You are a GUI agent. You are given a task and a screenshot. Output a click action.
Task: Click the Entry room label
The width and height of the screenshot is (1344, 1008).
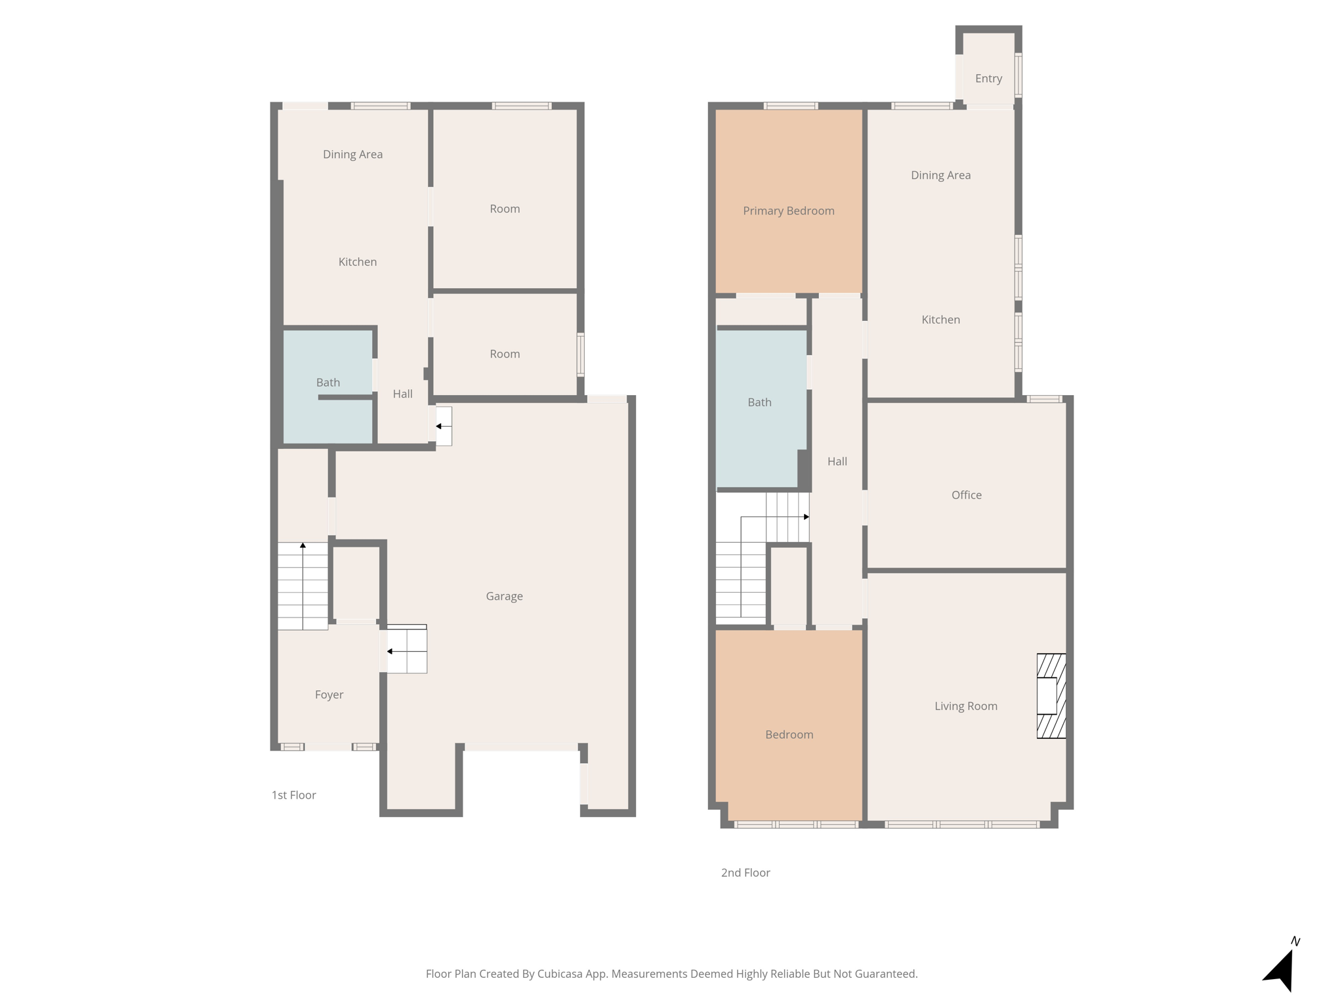point(988,79)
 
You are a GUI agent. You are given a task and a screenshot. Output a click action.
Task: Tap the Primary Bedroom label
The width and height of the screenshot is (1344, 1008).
point(788,211)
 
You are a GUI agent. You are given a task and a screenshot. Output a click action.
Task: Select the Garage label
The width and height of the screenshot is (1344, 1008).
point(504,596)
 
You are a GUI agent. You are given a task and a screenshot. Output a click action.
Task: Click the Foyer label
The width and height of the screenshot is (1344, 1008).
point(329,694)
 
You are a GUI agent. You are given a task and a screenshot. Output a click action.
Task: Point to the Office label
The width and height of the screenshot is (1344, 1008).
point(966,495)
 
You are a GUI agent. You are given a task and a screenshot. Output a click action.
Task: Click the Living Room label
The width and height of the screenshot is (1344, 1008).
point(965,706)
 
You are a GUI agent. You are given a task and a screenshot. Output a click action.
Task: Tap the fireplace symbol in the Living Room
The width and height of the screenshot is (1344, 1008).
point(1051,696)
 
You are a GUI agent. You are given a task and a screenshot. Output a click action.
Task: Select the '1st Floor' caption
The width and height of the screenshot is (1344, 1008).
point(293,795)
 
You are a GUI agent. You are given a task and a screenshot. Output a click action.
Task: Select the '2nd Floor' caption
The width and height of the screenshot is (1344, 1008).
point(745,872)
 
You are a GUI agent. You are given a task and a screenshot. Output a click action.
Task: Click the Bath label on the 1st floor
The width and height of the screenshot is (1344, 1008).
point(327,383)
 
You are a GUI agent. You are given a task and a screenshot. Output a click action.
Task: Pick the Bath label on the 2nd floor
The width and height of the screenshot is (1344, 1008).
point(759,402)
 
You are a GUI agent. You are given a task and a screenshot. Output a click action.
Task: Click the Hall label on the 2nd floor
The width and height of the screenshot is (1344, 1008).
point(837,461)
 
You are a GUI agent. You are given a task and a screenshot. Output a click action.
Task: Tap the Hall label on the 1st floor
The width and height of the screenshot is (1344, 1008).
point(402,394)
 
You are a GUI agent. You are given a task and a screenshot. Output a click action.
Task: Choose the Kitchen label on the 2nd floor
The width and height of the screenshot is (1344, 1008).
point(940,320)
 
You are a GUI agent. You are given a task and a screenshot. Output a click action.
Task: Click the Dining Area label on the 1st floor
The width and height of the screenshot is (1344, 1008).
point(352,154)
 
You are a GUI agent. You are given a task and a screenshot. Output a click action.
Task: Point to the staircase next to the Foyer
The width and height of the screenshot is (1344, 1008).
point(303,586)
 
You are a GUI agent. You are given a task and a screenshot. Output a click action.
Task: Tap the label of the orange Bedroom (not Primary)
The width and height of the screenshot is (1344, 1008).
point(789,734)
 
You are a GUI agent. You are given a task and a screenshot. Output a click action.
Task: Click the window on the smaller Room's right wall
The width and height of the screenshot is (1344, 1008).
point(580,354)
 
